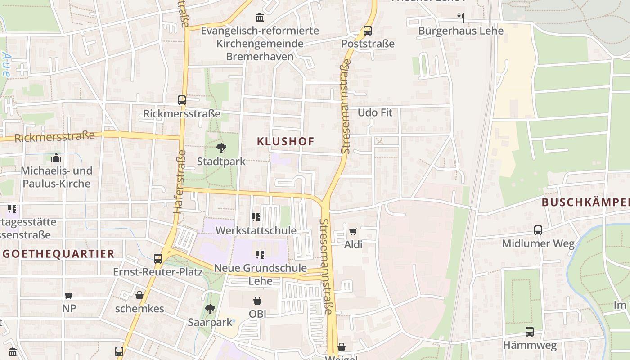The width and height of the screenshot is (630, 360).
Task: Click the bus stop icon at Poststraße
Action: click(368, 31)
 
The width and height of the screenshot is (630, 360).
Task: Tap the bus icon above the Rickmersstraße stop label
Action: click(182, 100)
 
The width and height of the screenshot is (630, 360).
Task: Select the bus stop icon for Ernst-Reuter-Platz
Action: click(157, 259)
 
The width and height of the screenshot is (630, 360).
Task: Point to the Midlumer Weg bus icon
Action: click(538, 230)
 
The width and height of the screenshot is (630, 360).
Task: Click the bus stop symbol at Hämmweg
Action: click(530, 332)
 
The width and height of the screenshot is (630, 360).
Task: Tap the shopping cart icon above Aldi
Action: click(353, 232)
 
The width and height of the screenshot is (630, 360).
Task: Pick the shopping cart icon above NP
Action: click(69, 296)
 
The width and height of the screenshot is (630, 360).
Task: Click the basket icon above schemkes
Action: click(139, 296)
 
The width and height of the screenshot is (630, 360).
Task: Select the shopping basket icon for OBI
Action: click(257, 301)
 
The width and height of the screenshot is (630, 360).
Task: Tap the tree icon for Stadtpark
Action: click(221, 148)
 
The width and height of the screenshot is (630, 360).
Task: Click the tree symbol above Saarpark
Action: click(210, 309)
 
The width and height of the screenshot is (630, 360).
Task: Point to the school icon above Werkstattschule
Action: click(256, 217)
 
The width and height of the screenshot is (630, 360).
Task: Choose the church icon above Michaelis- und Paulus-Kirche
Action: click(56, 157)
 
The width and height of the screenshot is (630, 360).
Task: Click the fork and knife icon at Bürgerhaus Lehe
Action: click(460, 18)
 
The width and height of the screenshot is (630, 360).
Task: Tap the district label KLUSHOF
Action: click(285, 141)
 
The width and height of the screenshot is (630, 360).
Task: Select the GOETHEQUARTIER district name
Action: click(58, 254)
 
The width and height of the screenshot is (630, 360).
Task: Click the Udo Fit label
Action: click(375, 112)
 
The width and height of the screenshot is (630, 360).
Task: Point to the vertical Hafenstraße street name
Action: click(179, 181)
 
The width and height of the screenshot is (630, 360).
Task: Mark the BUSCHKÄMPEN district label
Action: click(585, 202)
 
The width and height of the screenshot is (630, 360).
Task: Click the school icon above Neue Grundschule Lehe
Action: click(260, 255)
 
